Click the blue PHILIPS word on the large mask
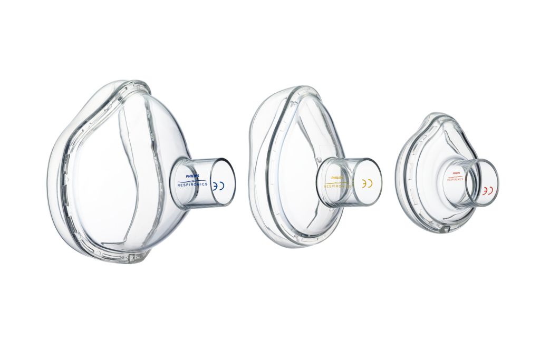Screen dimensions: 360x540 187,178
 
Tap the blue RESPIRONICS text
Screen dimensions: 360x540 192,185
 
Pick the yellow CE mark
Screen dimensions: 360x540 367,184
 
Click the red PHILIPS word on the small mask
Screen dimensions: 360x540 455,173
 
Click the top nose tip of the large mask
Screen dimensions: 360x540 127,83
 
